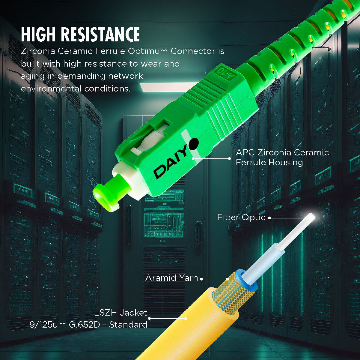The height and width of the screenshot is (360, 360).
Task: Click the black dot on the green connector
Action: click(x=193, y=143)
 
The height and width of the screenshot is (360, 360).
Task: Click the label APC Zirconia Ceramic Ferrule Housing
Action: click(x=282, y=157)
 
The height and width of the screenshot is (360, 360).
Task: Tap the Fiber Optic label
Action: click(x=241, y=217)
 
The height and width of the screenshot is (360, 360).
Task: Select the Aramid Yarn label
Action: click(x=172, y=278)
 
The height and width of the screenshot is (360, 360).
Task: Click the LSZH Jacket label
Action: click(x=120, y=313)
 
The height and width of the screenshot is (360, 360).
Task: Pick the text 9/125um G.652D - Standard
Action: click(x=88, y=325)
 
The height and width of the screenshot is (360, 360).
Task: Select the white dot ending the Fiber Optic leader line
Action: click(x=269, y=218)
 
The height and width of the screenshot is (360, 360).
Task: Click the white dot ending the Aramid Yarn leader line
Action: click(x=202, y=279)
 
